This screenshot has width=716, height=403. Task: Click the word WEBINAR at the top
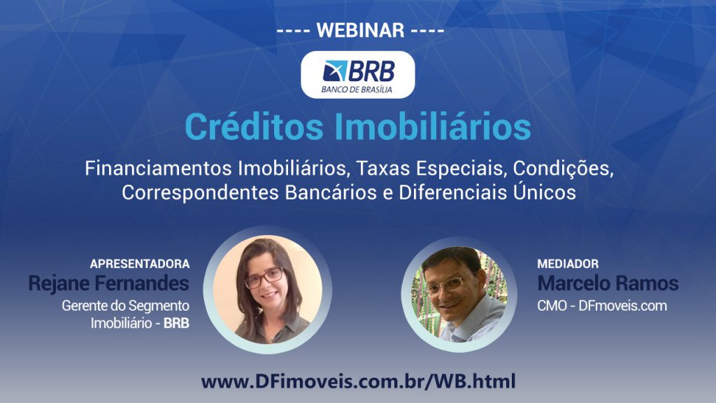(360, 30)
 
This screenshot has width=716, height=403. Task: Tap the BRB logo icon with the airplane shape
(335, 71)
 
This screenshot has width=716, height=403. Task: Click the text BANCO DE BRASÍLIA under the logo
(357, 90)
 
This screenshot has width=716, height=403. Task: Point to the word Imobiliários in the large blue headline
(433, 127)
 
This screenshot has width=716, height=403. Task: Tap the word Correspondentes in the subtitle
(200, 193)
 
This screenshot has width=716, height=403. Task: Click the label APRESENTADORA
(140, 264)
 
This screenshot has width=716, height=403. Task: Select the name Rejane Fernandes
(108, 283)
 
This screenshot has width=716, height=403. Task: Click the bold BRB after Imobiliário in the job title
(176, 323)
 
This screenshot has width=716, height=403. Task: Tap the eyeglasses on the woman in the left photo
(264, 277)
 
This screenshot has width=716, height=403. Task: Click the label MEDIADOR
(568, 264)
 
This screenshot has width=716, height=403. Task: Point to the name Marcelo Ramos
(608, 283)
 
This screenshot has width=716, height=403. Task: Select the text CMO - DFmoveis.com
(602, 306)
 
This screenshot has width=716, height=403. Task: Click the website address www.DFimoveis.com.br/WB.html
(359, 381)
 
